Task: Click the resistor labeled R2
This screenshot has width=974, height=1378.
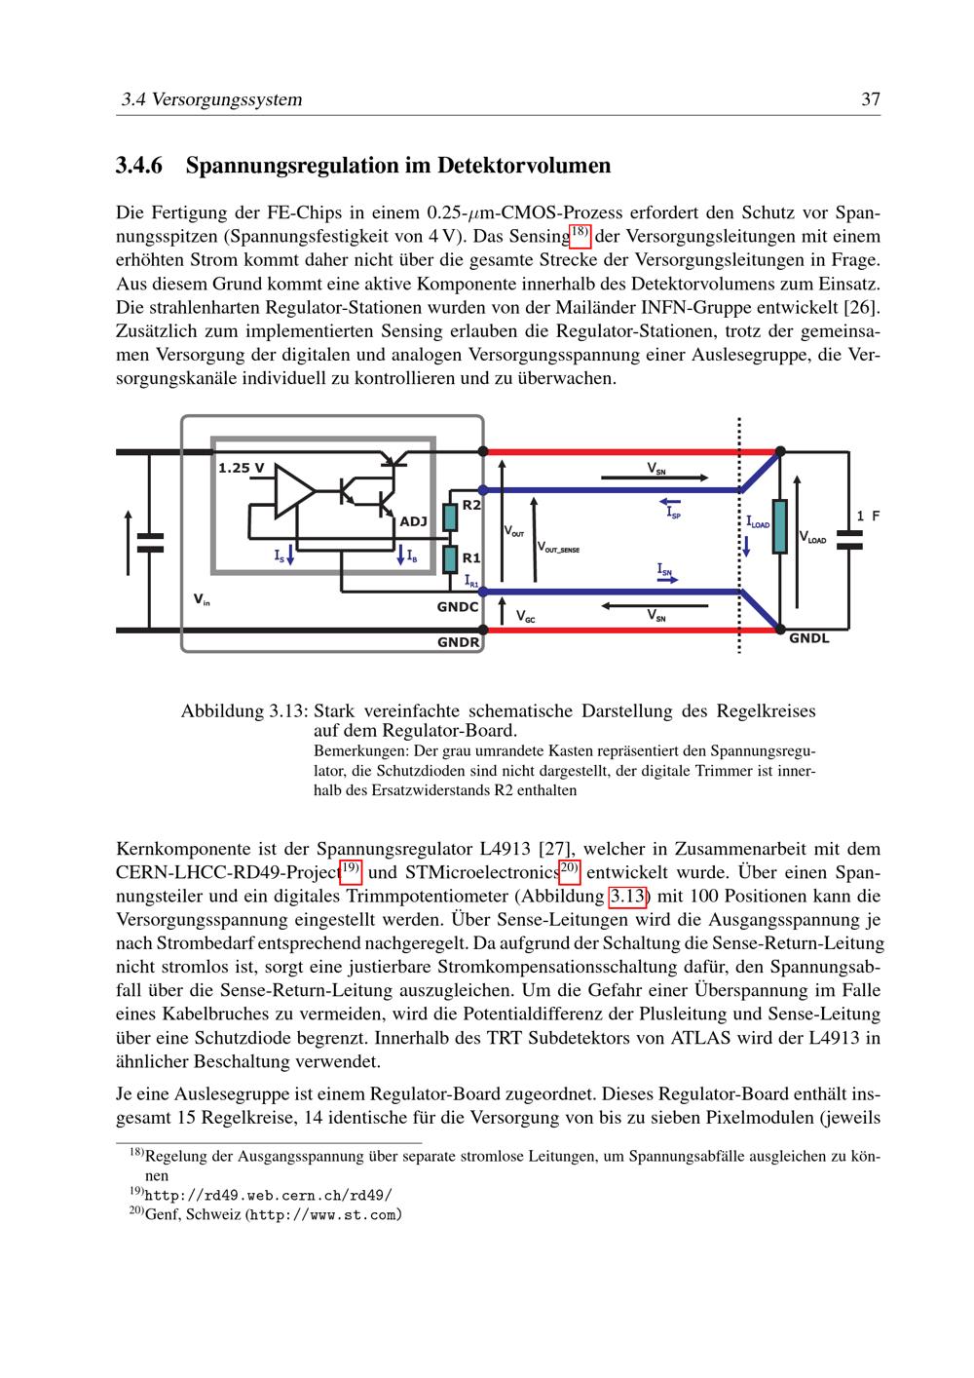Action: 450,517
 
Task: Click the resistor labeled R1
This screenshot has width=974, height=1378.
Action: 450,559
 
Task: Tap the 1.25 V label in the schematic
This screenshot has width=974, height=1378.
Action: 241,468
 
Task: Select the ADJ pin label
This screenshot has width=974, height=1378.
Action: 413,521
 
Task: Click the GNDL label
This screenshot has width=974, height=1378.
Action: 808,639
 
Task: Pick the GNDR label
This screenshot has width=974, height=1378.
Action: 458,642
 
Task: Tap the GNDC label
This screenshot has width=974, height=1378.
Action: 457,607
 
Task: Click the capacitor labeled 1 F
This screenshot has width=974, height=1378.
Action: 849,540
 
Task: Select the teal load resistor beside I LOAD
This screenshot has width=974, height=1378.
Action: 779,526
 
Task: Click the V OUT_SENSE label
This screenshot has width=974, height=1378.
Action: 558,550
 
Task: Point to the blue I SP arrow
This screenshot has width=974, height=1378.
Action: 669,503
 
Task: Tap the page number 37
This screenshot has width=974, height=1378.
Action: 871,99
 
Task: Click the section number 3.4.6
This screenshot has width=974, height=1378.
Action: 143,166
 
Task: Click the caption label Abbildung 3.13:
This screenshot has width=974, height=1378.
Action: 244,711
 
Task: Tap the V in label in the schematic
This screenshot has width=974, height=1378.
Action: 202,600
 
